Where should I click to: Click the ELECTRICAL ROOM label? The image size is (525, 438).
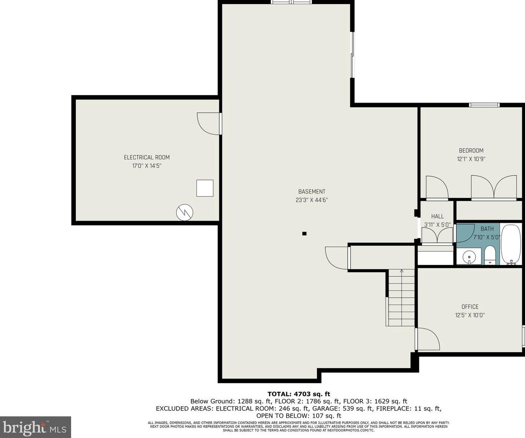coord(147,157)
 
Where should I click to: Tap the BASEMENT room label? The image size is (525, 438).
coord(312,192)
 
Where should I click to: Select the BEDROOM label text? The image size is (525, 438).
coord(471,151)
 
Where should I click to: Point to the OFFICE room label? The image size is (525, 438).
coord(470,307)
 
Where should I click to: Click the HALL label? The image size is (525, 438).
coord(437,216)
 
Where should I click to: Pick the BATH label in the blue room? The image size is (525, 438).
coord(487,229)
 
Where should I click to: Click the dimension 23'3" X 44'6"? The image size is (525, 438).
coord(312,200)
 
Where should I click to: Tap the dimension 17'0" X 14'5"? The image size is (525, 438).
coord(147,166)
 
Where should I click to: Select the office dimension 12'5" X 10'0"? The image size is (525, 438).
coord(470,315)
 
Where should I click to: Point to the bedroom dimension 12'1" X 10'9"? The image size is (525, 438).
coord(471,159)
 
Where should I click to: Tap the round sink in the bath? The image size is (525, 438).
coord(469,257)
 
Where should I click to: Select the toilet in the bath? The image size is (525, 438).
coord(490,255)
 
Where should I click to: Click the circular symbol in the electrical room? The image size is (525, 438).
coord(185,212)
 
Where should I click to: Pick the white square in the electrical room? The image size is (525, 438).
coord(205,188)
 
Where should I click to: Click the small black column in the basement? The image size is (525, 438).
coord(304,234)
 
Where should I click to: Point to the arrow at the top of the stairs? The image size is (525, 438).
coord(401,271)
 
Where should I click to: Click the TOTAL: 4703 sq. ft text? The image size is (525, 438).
coord(299,394)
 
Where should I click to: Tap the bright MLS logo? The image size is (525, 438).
coord(35,427)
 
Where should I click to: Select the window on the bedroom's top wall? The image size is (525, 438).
coord(484,105)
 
